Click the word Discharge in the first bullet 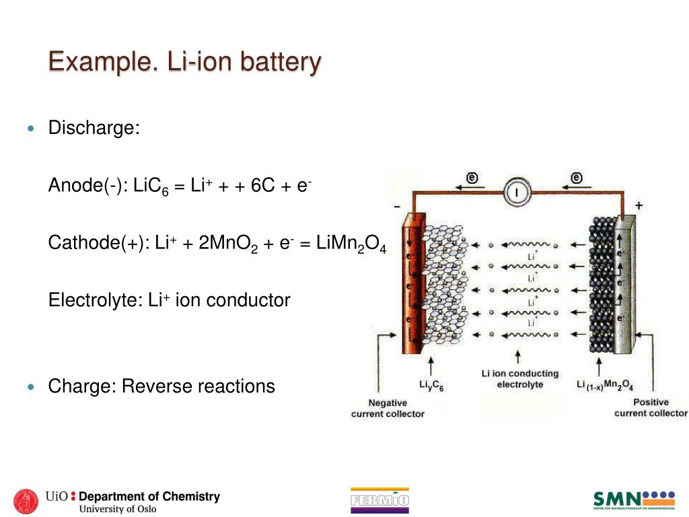tap(94, 128)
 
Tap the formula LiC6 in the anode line tap(151, 186)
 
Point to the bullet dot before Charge tap(30, 387)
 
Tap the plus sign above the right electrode tap(639, 206)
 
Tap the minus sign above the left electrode tap(397, 206)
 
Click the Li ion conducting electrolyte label tap(519, 379)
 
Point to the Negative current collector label tap(388, 408)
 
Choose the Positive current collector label tap(651, 407)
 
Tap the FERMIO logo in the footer tap(379, 499)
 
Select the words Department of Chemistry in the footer tap(149, 497)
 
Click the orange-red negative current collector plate tap(412, 283)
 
